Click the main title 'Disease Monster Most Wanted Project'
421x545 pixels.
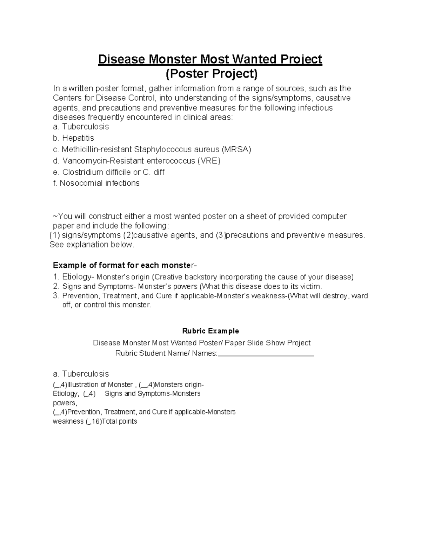pyautogui.click(x=210, y=59)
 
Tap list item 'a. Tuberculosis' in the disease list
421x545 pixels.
pyautogui.click(x=81, y=127)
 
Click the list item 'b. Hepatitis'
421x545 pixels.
pyautogui.click(x=73, y=138)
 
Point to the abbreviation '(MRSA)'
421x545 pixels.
pyautogui.click(x=236, y=149)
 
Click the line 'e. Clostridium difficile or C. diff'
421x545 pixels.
pyautogui.click(x=108, y=172)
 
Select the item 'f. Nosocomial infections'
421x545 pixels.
pyautogui.click(x=96, y=183)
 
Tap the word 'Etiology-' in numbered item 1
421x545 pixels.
pyautogui.click(x=78, y=277)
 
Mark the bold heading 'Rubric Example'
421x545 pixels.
pyautogui.click(x=210, y=331)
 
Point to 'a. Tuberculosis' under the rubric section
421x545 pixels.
pyautogui.click(x=81, y=373)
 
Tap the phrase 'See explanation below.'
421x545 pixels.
pyautogui.click(x=92, y=245)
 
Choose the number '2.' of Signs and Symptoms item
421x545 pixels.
pyautogui.click(x=56, y=286)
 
